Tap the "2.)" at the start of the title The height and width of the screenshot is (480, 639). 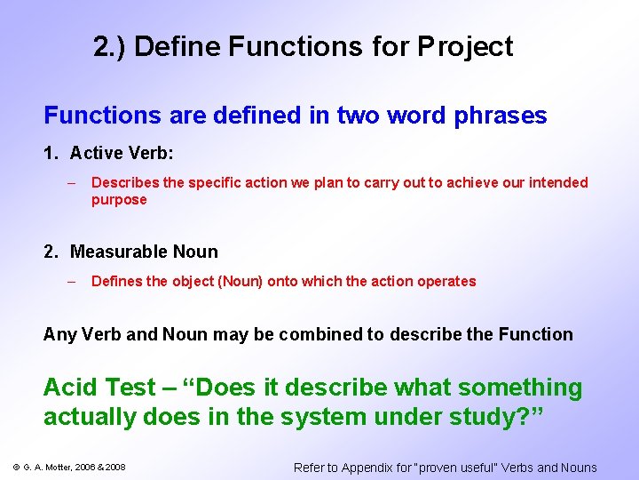[109, 46]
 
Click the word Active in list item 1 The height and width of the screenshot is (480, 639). [97, 153]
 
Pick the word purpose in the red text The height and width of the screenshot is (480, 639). [119, 200]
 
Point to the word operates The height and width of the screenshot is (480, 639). [448, 281]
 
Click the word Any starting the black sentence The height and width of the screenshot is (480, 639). [59, 334]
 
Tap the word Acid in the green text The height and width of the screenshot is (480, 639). [72, 388]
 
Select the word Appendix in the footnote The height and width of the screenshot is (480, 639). [365, 468]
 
